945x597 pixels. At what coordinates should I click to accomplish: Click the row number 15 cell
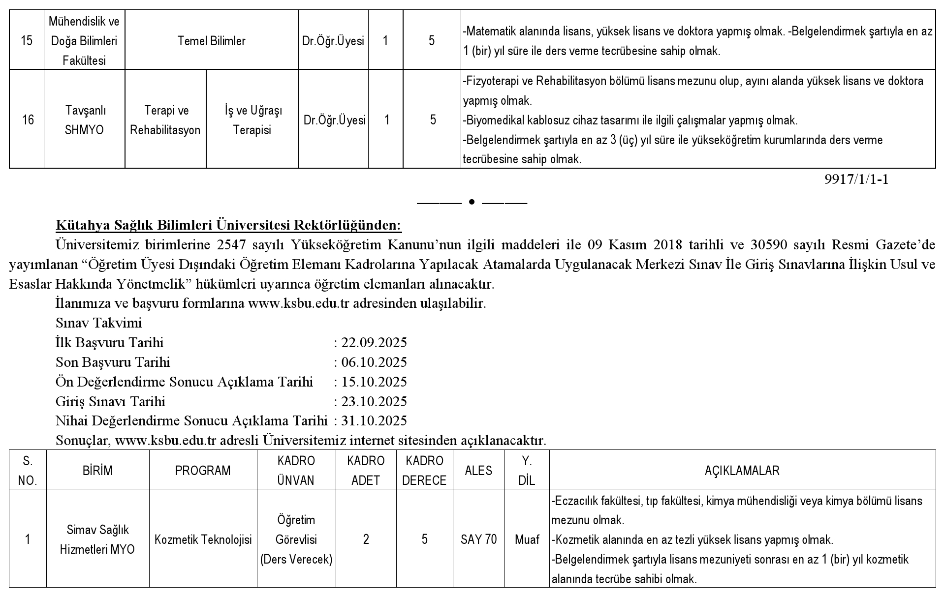[27, 41]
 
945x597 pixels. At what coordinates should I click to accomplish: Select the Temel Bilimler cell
[212, 41]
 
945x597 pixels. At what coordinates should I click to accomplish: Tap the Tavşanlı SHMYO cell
[85, 120]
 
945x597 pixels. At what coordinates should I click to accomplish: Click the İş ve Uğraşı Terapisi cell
[252, 120]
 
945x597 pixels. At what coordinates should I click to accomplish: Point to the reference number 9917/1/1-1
[856, 179]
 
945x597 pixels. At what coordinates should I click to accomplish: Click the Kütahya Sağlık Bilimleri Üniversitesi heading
[229, 225]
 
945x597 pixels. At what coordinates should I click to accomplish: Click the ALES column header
[478, 471]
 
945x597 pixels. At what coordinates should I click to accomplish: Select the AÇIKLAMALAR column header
[742, 471]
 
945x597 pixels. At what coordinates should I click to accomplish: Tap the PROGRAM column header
[203, 471]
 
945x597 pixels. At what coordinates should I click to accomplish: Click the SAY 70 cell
[478, 539]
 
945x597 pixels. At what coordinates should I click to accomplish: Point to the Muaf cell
[527, 539]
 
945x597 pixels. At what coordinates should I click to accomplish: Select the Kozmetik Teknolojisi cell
[203, 539]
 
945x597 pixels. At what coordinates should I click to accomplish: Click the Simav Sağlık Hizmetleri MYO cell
[97, 539]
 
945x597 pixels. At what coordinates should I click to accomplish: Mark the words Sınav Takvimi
[98, 323]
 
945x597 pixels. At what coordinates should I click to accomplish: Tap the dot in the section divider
[472, 202]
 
